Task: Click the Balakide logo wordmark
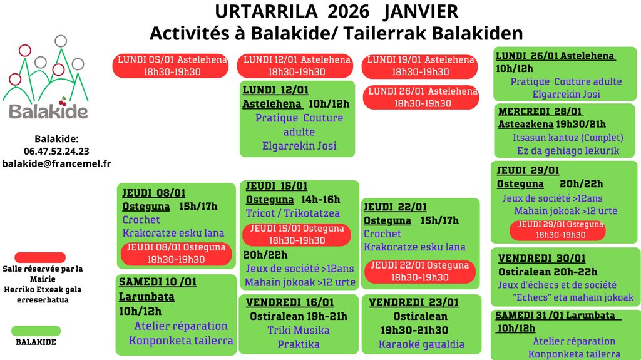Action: [48, 111]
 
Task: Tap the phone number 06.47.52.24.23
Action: [56, 152]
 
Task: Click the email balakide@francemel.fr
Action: [56, 163]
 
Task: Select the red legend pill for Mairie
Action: [40, 257]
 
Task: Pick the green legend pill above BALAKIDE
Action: [36, 331]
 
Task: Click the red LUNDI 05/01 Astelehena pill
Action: [170, 66]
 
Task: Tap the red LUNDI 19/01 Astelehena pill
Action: [419, 66]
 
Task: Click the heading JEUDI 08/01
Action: [154, 193]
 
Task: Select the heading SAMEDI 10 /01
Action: [158, 282]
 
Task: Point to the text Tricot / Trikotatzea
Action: [293, 213]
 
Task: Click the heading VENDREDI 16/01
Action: [290, 302]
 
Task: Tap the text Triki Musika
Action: [299, 330]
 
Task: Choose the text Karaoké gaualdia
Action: [421, 344]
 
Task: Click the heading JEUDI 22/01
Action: [396, 207]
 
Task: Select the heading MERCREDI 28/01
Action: [540, 111]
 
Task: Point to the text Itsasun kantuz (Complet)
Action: [568, 138]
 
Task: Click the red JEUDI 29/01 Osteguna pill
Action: [558, 230]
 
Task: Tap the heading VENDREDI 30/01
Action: [541, 258]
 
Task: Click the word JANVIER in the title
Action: [421, 11]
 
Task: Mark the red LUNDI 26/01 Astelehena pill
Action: [421, 98]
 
